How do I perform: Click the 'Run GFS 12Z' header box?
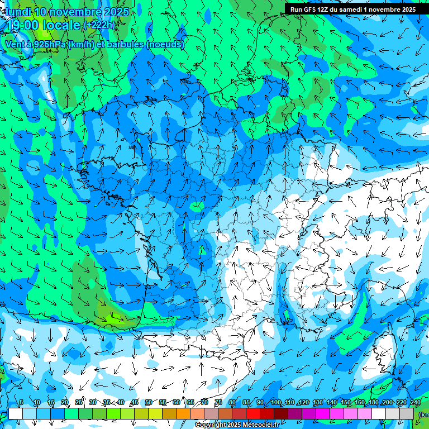[353, 9]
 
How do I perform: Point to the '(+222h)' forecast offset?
[99, 25]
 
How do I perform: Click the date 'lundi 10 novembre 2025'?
[67, 12]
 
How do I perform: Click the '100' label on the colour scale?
[275, 403]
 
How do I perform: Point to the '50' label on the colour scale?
[148, 403]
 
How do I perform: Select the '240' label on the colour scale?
[415, 403]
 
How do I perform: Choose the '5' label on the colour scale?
[21, 403]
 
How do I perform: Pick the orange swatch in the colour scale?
[183, 413]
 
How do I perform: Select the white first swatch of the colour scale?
[16, 413]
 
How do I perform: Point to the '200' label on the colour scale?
[387, 403]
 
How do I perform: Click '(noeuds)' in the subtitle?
[165, 44]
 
